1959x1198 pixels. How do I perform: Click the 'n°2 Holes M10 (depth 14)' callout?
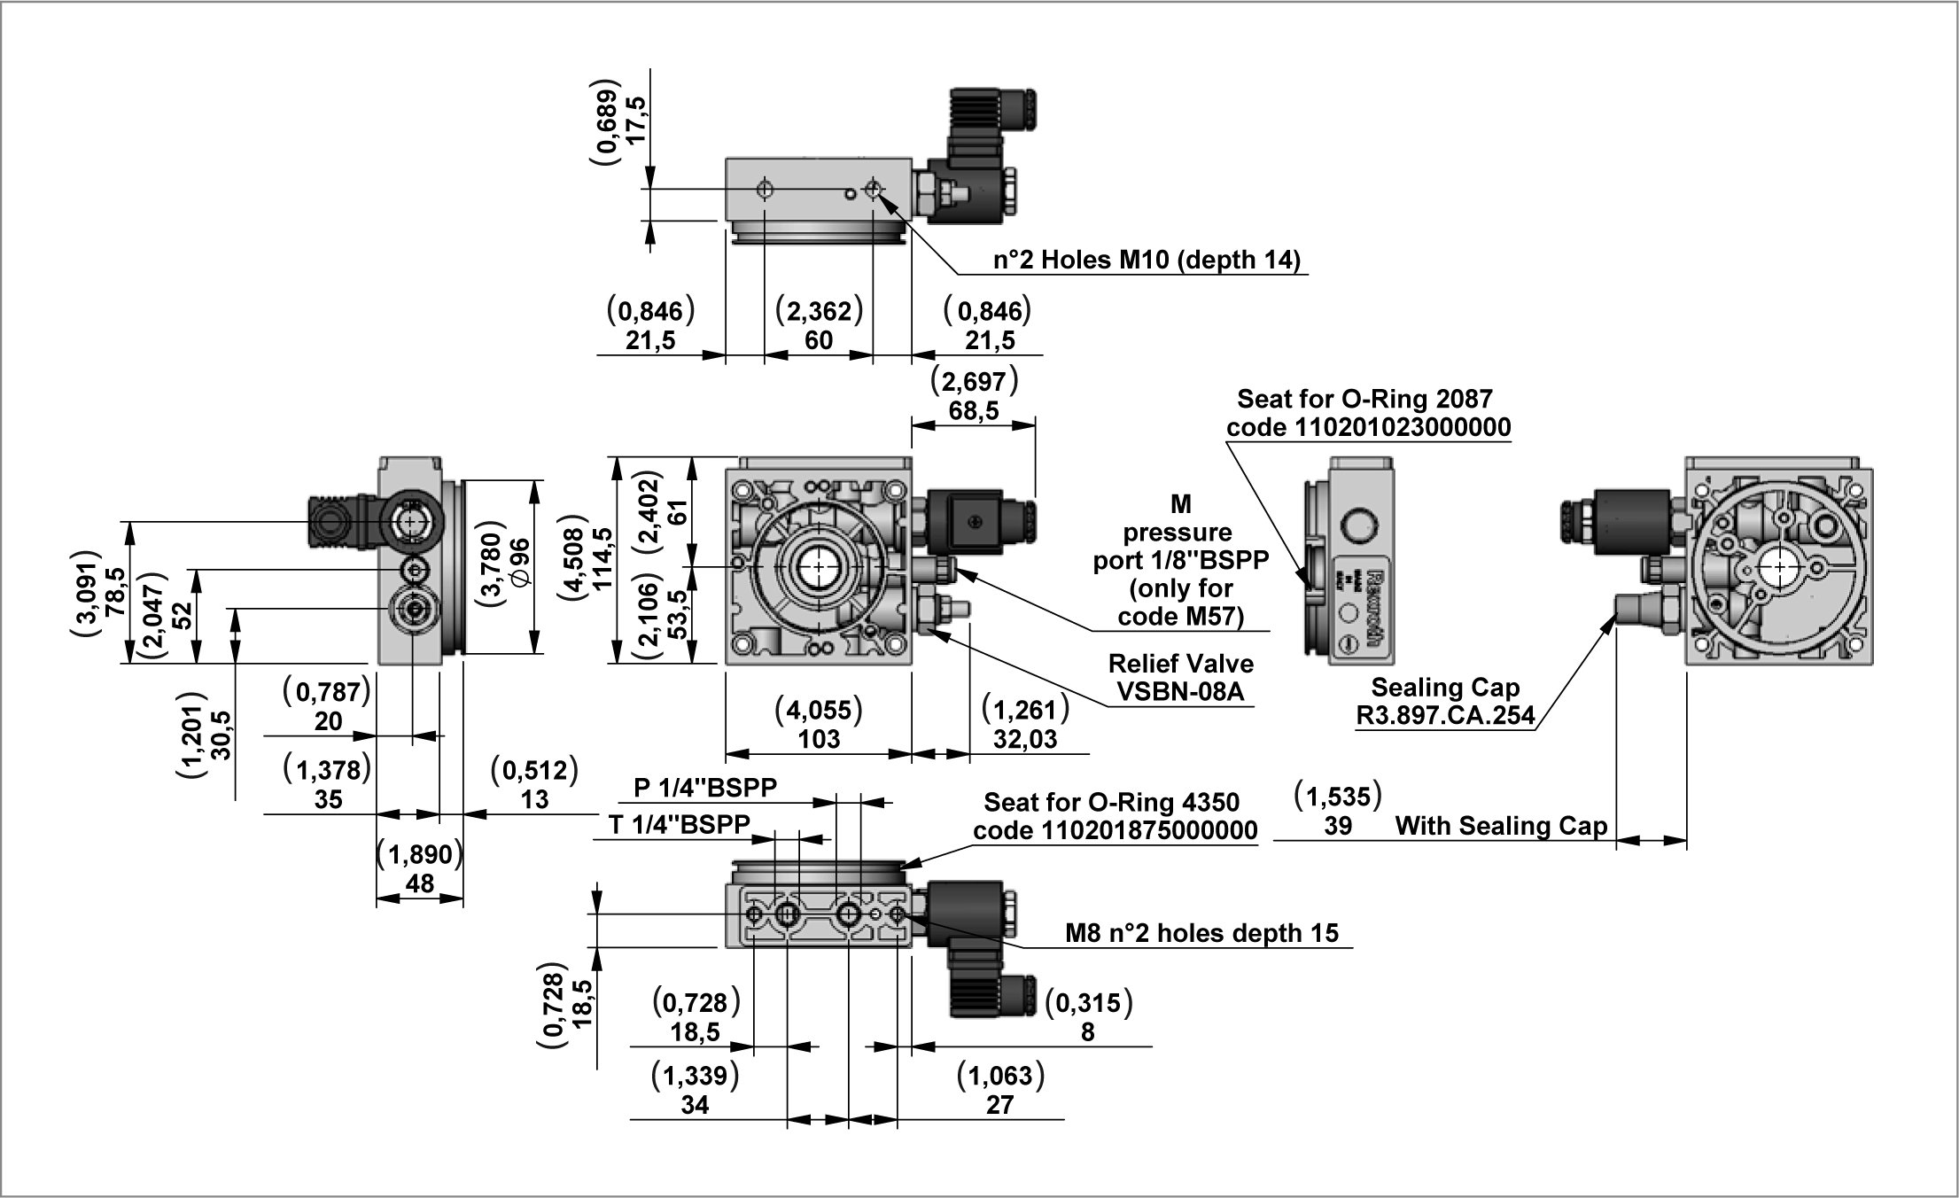pyautogui.click(x=1147, y=260)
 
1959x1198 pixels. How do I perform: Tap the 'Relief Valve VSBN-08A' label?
pyautogui.click(x=1180, y=677)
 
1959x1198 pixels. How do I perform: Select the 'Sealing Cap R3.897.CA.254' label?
pyautogui.click(x=1445, y=701)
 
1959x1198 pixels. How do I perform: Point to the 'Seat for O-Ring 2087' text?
pyautogui.click(x=1364, y=399)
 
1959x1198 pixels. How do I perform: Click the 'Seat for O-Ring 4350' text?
pyautogui.click(x=1111, y=803)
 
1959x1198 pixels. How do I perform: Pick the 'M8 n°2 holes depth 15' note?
pyautogui.click(x=1201, y=933)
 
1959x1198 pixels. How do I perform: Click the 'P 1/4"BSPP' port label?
pyautogui.click(x=705, y=787)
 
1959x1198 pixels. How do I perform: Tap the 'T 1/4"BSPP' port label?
pyautogui.click(x=680, y=824)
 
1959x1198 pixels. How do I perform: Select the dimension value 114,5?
pyautogui.click(x=603, y=559)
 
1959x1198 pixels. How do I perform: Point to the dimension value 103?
pyautogui.click(x=818, y=739)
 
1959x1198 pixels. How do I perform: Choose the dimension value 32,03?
pyautogui.click(x=1025, y=739)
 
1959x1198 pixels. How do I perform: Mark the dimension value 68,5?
pyautogui.click(x=973, y=411)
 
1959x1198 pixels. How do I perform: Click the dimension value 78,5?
pyautogui.click(x=115, y=592)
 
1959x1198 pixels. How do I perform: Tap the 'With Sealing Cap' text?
pyautogui.click(x=1501, y=826)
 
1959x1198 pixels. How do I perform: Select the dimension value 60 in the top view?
pyautogui.click(x=818, y=340)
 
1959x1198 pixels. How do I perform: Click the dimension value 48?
pyautogui.click(x=419, y=883)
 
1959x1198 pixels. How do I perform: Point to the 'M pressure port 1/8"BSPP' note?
pyautogui.click(x=1180, y=560)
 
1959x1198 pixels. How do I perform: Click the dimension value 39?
pyautogui.click(x=1337, y=826)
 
